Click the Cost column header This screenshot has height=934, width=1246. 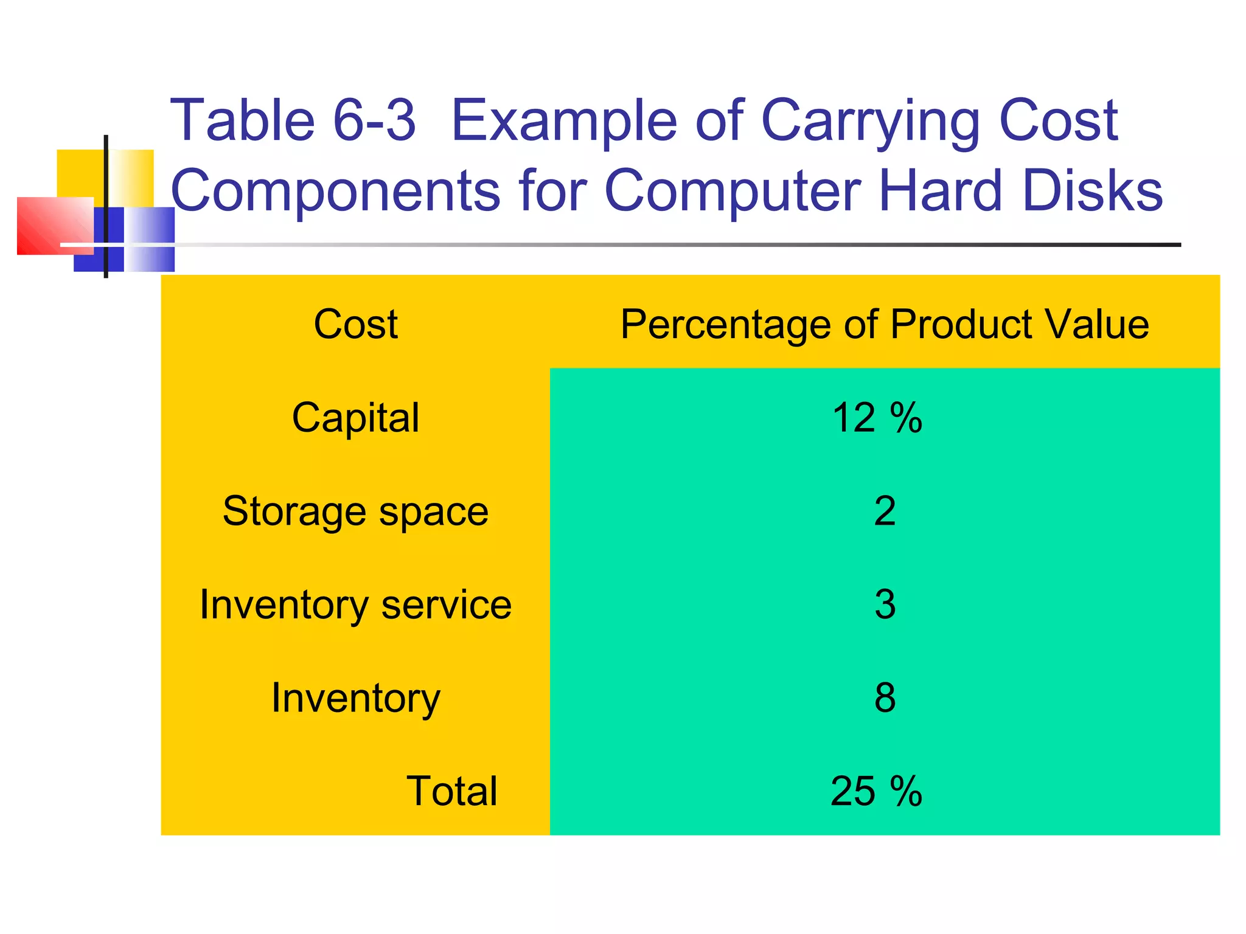355,324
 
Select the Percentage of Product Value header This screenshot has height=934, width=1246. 884,324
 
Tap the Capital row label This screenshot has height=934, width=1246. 355,418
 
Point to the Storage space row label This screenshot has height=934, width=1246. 355,511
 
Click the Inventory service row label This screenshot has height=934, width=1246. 355,605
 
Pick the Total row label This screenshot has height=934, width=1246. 451,791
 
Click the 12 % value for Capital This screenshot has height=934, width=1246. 877,418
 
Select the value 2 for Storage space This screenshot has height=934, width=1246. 885,511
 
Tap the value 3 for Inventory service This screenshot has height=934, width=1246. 885,605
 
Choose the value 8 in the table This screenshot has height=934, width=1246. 885,698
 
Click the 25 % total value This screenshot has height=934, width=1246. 876,791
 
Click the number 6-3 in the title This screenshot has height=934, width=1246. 374,120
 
